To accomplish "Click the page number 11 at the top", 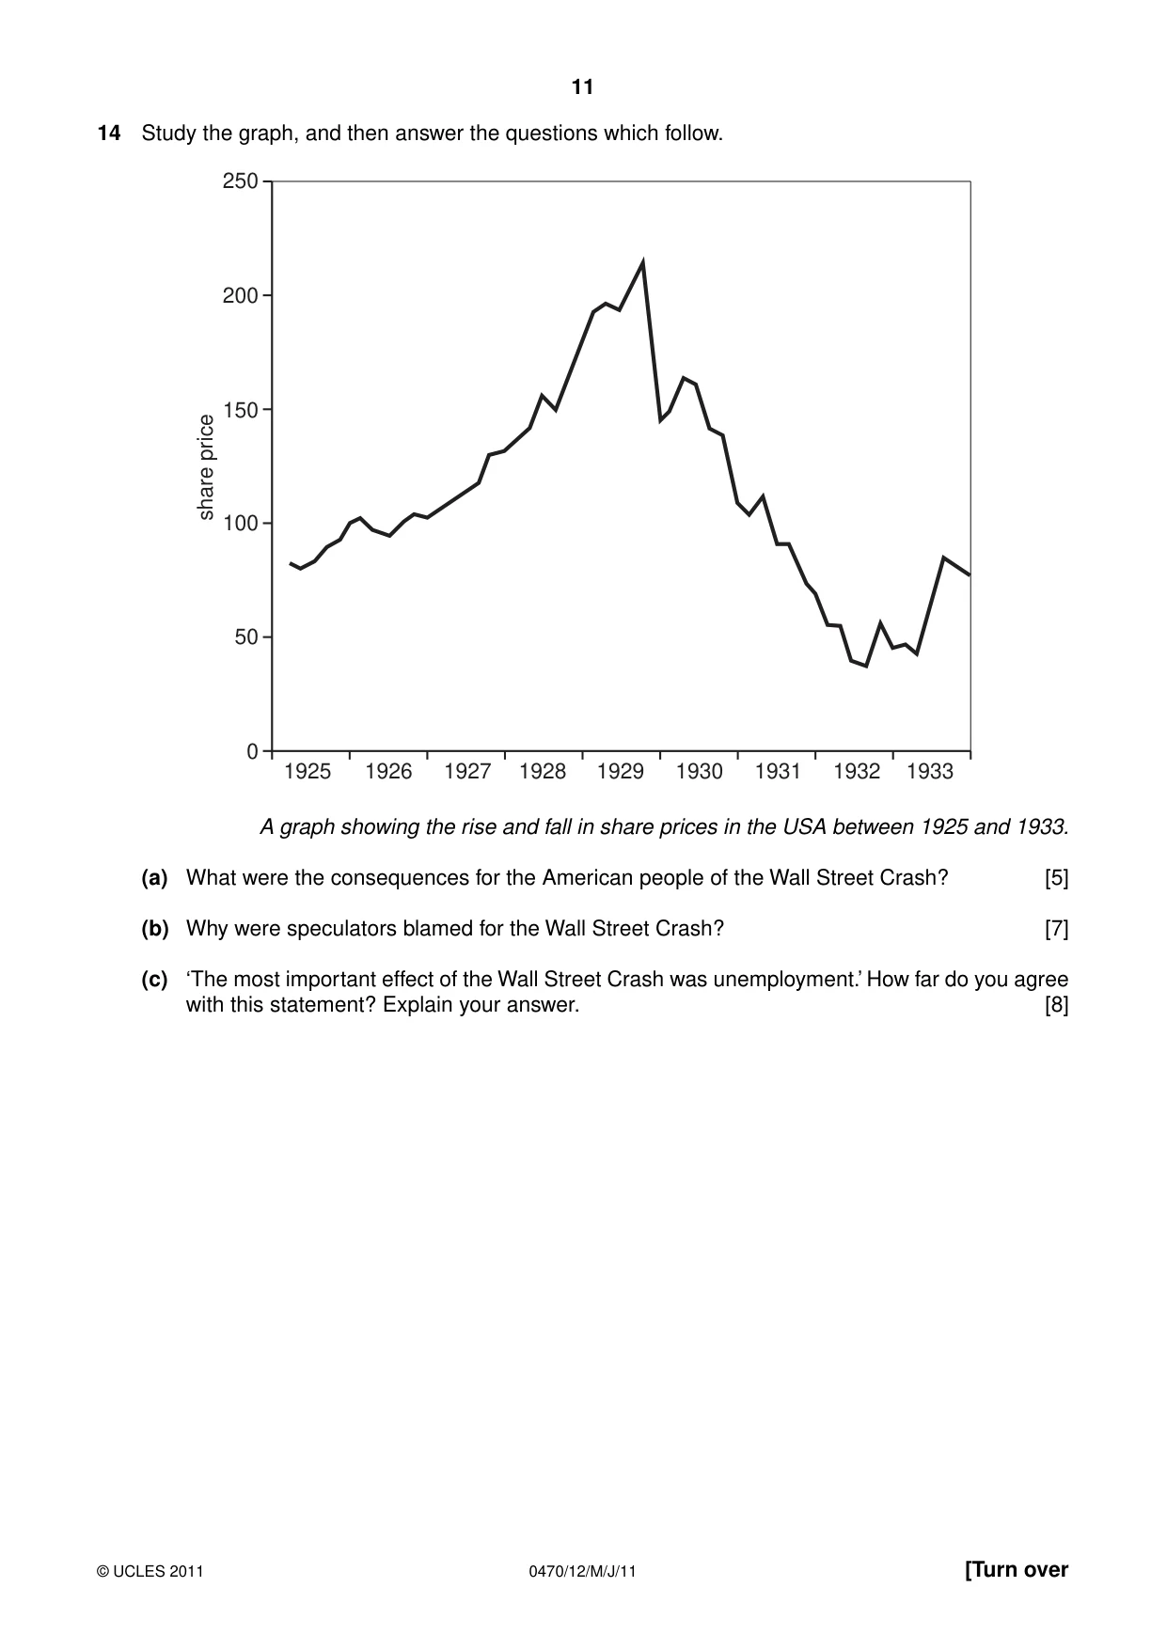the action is pos(582,87).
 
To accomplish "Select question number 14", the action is pos(109,134).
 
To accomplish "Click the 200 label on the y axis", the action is pos(240,295).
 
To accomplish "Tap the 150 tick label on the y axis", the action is pos(240,410).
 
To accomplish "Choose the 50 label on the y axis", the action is pos(246,637).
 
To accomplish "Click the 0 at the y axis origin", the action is pos(252,752).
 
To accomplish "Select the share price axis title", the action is pos(206,467).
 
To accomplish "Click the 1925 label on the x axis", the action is pos(308,772).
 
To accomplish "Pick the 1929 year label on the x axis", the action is pos(621,772).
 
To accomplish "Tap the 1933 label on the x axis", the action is pos(930,772).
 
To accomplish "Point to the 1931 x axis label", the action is pos(778,772).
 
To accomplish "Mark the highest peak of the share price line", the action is pos(643,262).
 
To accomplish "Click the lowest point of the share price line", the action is pos(866,666).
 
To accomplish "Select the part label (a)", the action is pos(154,878).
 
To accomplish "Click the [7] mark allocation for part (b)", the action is pos(1057,929).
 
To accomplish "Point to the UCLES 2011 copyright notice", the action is pos(150,1571).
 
